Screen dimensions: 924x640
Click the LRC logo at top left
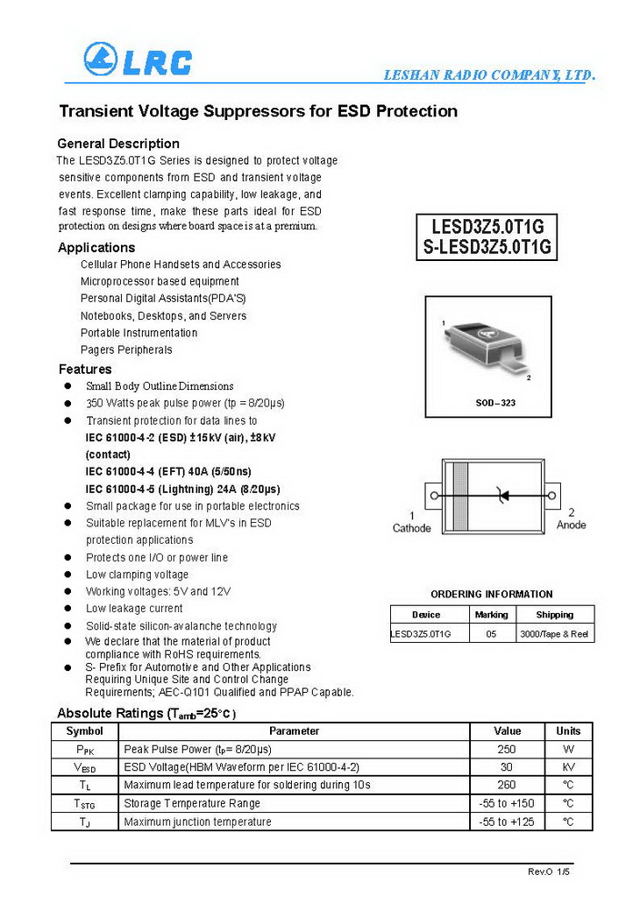[x=138, y=60]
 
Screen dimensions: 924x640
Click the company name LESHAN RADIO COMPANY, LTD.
[x=489, y=75]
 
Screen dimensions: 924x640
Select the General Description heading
[x=118, y=144]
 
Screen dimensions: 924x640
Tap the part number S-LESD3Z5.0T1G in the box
[x=487, y=247]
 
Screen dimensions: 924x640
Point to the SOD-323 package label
[x=487, y=403]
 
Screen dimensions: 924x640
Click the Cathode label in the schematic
[x=411, y=528]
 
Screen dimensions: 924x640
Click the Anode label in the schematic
[x=572, y=525]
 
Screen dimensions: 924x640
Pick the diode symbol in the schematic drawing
[x=502, y=496]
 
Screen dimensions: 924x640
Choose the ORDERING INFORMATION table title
[x=492, y=594]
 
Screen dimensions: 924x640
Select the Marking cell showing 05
[x=490, y=633]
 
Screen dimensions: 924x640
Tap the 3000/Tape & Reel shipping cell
[x=553, y=633]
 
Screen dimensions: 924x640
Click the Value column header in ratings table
[x=507, y=730]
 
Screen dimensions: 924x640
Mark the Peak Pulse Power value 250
[x=507, y=749]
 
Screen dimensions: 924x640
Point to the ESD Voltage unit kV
[x=568, y=767]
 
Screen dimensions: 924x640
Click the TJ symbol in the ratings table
[x=84, y=822]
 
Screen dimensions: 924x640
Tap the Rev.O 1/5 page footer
[x=548, y=872]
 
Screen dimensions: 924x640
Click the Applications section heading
[x=96, y=248]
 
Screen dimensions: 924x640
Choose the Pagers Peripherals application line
[x=126, y=349]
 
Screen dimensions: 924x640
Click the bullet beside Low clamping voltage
[x=68, y=575]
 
